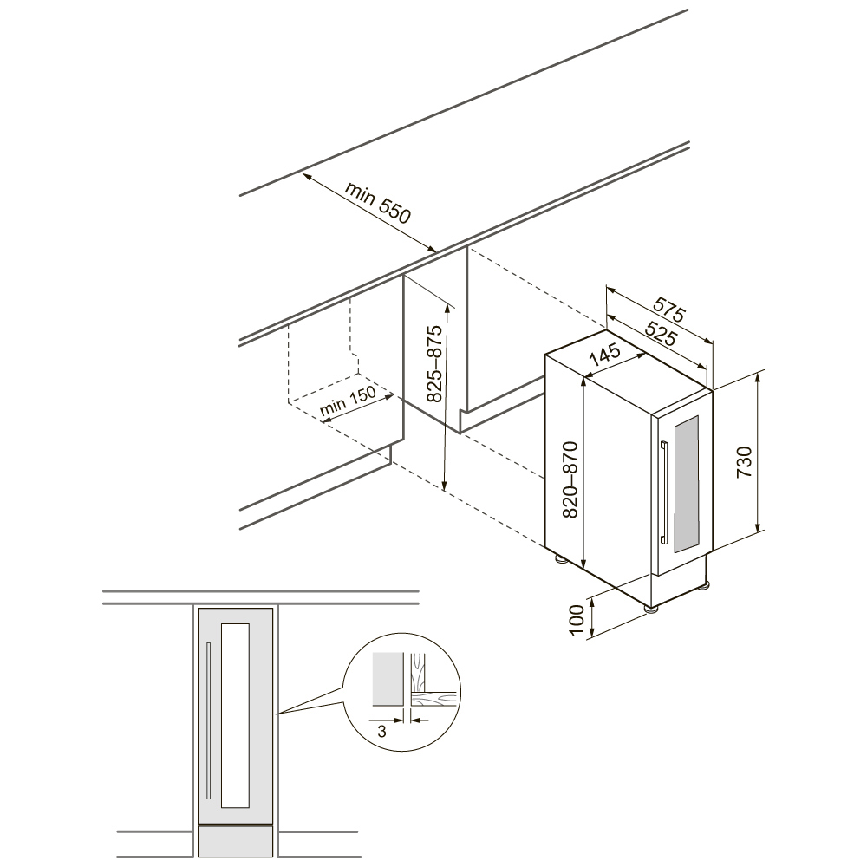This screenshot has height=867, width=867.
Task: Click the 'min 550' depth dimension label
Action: (x=378, y=202)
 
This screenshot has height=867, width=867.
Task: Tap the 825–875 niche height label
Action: (x=434, y=363)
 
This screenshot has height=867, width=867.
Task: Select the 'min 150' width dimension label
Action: (x=348, y=401)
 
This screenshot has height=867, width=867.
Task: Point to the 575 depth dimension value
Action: (x=669, y=310)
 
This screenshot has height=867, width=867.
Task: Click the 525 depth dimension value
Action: (x=660, y=333)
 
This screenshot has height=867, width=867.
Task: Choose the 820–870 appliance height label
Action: (x=570, y=479)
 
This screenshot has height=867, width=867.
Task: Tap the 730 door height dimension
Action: (x=744, y=462)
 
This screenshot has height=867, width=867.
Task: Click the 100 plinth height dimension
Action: (x=577, y=621)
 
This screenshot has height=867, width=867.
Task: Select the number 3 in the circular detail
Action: (x=381, y=732)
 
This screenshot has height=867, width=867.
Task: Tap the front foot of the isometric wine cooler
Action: (x=652, y=608)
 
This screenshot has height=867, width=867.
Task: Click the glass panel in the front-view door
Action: (x=235, y=715)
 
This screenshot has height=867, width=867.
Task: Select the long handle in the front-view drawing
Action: (x=208, y=720)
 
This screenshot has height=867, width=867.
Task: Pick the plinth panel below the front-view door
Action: (x=236, y=841)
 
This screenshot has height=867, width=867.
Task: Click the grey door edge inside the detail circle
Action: (x=387, y=680)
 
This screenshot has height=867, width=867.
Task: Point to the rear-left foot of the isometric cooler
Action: (x=561, y=558)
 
